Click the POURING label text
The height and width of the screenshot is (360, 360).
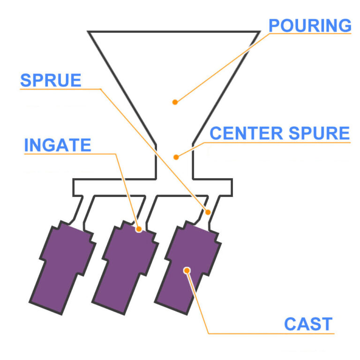click(310, 25)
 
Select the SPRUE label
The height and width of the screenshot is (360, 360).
click(51, 81)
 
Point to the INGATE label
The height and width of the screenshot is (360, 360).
click(57, 145)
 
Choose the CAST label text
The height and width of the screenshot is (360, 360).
click(308, 324)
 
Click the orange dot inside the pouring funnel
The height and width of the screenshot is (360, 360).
click(175, 102)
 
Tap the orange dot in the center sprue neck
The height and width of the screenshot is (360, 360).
click(176, 157)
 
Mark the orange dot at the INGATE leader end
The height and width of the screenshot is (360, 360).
click(138, 229)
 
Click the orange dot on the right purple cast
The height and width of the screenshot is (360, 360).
click(187, 270)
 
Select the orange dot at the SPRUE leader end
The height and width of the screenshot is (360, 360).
click(208, 212)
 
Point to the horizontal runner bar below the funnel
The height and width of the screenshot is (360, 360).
click(152, 187)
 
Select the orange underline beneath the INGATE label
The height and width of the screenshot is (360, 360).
click(70, 154)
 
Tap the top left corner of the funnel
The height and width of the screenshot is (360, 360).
click(89, 32)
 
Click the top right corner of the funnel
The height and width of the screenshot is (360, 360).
click(259, 32)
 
